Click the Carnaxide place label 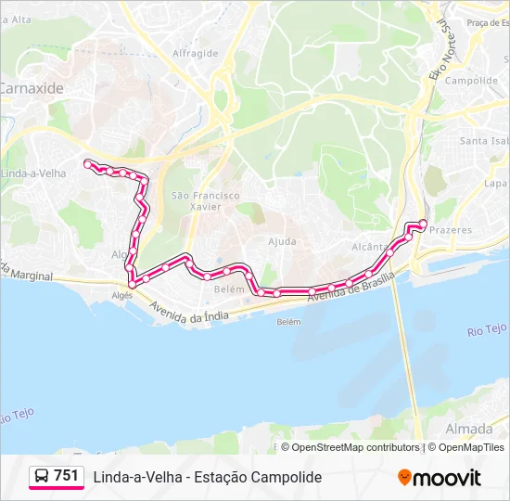pyautogui.click(x=31, y=90)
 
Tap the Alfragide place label pyautogui.click(x=195, y=53)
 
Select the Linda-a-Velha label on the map pyautogui.click(x=33, y=173)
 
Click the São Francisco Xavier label pyautogui.click(x=206, y=200)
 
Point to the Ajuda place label pyautogui.click(x=283, y=241)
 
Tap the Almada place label pyautogui.click(x=469, y=429)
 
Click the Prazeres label pyautogui.click(x=452, y=229)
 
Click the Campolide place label pyautogui.click(x=471, y=81)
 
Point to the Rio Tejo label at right pyautogui.click(x=488, y=329)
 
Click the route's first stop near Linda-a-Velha pyautogui.click(x=88, y=163)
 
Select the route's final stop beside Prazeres pyautogui.click(x=424, y=223)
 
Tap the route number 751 pyautogui.click(x=67, y=476)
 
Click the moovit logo pyautogui.click(x=440, y=478)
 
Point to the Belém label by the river pyautogui.click(x=289, y=322)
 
